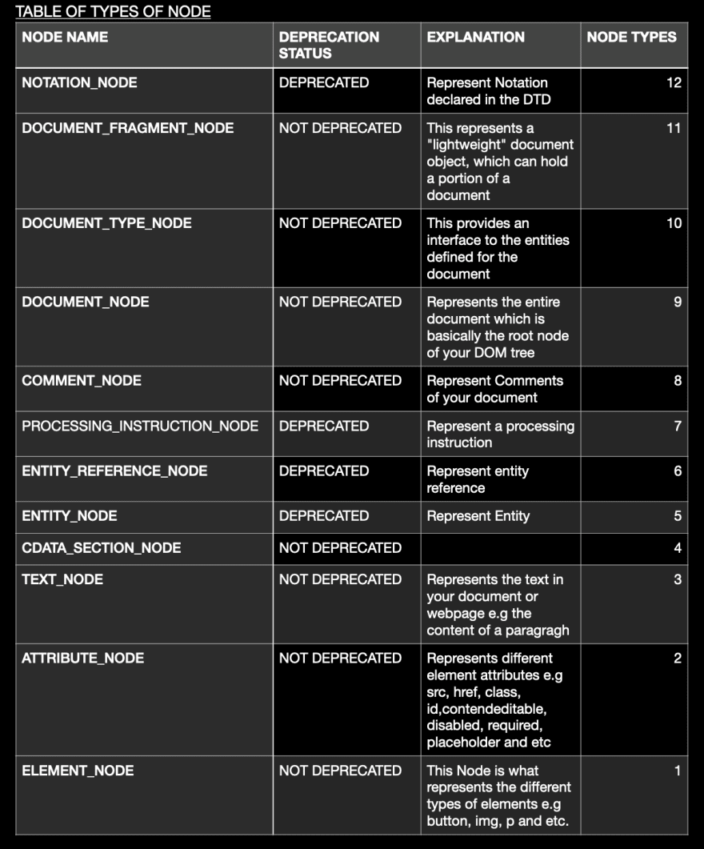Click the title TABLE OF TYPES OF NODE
point(113,11)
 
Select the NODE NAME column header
point(65,37)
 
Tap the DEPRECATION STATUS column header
point(329,45)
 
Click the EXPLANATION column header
point(475,37)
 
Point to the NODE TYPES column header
point(631,37)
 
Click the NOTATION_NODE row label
point(79,82)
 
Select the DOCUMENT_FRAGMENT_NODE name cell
point(127,128)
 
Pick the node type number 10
point(674,223)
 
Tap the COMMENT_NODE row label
point(82,381)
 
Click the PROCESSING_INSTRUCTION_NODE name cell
point(140,426)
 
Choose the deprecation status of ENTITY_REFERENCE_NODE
point(324,471)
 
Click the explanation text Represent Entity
point(478,516)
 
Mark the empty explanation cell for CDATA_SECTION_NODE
point(500,548)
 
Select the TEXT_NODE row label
point(62,579)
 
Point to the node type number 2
point(677,659)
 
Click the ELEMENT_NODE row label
point(78,771)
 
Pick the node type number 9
point(678,302)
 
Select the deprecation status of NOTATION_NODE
point(324,82)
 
